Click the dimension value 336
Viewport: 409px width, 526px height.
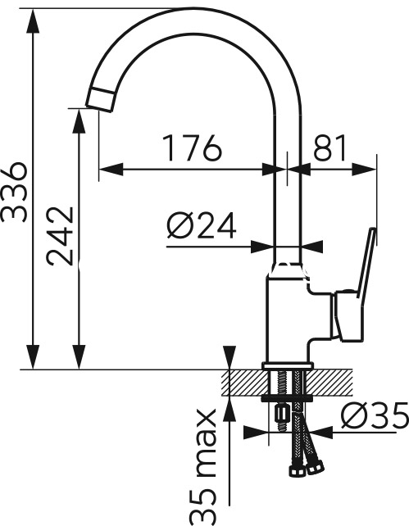[13, 193]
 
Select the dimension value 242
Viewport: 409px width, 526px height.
[60, 236]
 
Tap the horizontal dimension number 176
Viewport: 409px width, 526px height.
[193, 148]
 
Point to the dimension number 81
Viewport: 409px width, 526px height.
[329, 147]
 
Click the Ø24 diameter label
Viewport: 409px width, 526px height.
[202, 225]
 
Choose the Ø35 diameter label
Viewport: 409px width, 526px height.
[375, 415]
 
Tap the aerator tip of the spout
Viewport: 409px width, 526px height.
[101, 99]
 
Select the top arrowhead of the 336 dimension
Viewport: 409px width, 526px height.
[33, 20]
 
